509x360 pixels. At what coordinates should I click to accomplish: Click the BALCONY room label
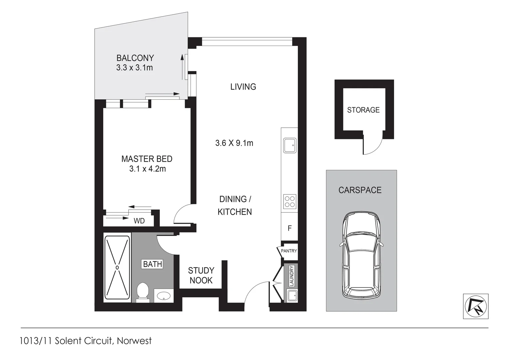click(x=135, y=58)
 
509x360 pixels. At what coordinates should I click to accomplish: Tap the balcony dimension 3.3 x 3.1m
click(x=135, y=68)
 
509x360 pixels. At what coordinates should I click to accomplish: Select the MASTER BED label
click(x=147, y=159)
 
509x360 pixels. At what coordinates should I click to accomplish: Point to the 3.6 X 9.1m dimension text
click(x=234, y=143)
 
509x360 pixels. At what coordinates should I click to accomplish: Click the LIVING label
click(x=243, y=87)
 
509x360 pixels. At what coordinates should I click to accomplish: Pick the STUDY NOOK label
click(x=201, y=275)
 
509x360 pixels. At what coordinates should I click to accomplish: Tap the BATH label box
click(x=153, y=264)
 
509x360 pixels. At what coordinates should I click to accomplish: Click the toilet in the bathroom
click(x=143, y=292)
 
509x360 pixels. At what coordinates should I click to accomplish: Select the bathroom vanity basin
click(x=163, y=295)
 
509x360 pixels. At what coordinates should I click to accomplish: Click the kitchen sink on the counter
click(x=289, y=145)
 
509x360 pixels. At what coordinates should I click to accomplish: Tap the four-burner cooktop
click(x=289, y=202)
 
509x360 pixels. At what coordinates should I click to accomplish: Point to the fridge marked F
click(x=289, y=228)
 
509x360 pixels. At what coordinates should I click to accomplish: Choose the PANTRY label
click(x=289, y=251)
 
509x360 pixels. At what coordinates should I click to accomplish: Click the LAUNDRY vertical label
click(x=292, y=276)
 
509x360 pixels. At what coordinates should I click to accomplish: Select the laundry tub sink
click(x=292, y=295)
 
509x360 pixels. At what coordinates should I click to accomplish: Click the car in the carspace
click(x=361, y=256)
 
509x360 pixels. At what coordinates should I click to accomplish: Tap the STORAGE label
click(x=363, y=110)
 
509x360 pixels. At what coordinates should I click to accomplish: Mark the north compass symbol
click(x=476, y=306)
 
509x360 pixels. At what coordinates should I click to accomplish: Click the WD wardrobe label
click(x=139, y=221)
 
